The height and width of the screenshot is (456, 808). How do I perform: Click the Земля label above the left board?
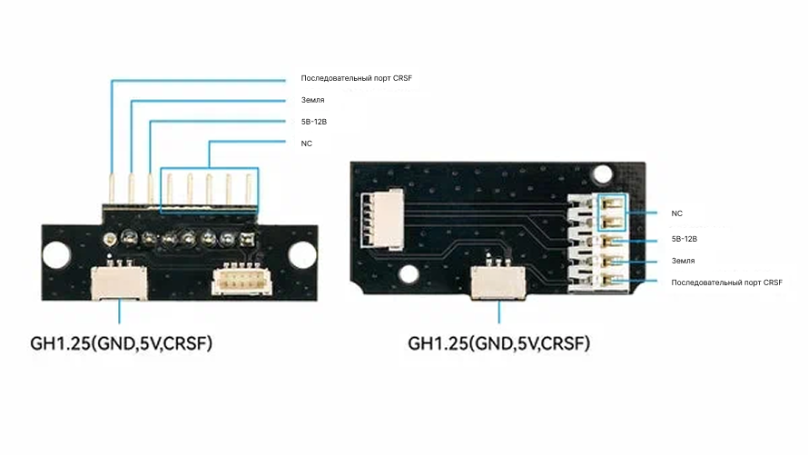pos(312,100)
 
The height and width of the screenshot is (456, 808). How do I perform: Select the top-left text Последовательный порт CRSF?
pos(356,79)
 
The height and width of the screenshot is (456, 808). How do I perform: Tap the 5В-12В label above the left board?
pos(313,121)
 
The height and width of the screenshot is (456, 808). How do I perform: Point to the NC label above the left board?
pos(306,143)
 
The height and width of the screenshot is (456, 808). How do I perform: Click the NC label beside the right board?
pos(676,213)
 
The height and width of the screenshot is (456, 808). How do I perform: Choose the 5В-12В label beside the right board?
pos(684,239)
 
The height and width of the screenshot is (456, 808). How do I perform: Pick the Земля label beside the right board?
pos(683,261)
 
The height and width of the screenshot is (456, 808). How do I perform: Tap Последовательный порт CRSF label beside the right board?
pos(726,283)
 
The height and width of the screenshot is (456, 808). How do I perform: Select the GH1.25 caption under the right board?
pos(498,344)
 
